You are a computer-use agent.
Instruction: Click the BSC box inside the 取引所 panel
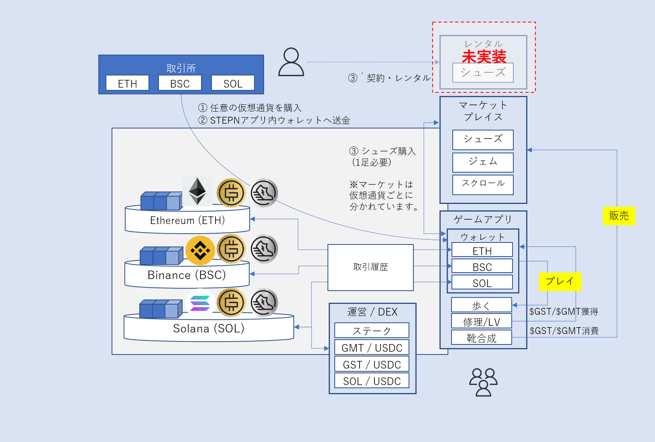tap(180, 83)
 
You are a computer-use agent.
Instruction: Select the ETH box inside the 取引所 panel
tap(127, 83)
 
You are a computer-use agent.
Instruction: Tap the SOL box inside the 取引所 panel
tap(233, 83)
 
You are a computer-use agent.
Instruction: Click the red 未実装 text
tap(484, 57)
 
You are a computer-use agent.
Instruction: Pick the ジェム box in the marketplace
tap(483, 162)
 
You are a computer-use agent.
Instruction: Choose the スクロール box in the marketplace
tap(483, 184)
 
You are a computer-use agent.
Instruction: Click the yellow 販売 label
tap(619, 216)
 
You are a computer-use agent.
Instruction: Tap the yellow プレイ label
tap(560, 281)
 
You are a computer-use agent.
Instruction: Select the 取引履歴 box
tap(370, 267)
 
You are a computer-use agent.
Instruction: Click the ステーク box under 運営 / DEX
tap(372, 330)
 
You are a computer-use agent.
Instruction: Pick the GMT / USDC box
tap(372, 348)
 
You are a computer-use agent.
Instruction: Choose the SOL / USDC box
tap(372, 381)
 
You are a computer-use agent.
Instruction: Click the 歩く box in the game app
tap(481, 305)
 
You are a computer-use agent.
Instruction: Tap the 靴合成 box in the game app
tap(481, 338)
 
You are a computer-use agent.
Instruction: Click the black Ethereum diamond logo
tap(197, 191)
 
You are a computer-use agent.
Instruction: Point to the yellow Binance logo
tap(200, 251)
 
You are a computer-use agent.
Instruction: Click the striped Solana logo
tap(200, 303)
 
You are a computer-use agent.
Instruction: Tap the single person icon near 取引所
tap(291, 62)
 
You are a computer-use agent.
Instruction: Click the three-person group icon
tap(483, 382)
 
